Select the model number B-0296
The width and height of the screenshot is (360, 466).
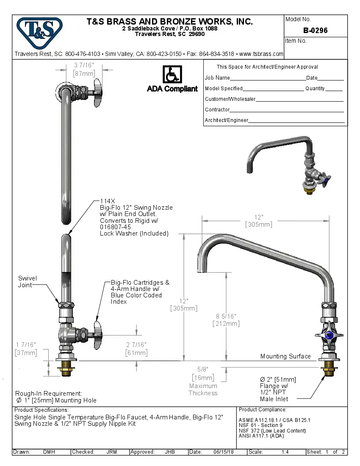(x=315, y=31)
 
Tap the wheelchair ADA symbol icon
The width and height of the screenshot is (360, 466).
(x=172, y=75)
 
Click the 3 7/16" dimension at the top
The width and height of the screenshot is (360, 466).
(x=84, y=65)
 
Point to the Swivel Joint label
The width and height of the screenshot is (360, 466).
(x=28, y=282)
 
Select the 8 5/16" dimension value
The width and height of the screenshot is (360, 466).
(x=226, y=316)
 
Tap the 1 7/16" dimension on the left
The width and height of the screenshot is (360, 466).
(x=25, y=344)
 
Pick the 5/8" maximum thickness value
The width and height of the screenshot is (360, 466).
(x=203, y=369)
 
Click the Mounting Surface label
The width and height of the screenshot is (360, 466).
(x=285, y=356)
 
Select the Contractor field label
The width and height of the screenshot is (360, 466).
(x=217, y=110)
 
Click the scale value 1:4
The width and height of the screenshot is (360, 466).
(x=285, y=452)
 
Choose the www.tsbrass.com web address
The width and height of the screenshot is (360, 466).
(x=261, y=54)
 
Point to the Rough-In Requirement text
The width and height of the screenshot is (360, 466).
(x=49, y=394)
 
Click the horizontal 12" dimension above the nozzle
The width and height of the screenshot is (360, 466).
(x=259, y=217)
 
